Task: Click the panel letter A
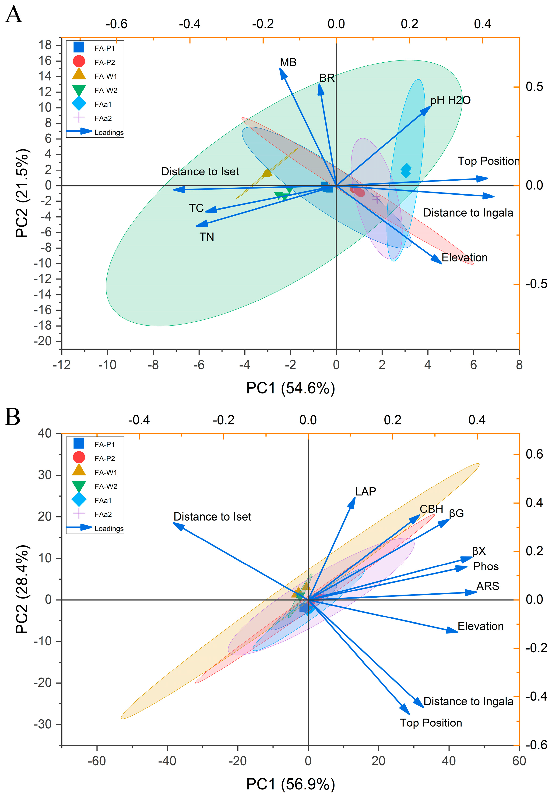point(14,15)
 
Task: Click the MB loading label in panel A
point(288,62)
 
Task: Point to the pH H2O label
point(450,100)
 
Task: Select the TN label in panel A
point(207,237)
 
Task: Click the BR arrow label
point(327,78)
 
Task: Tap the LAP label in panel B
point(365,492)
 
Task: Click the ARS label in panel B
point(487,586)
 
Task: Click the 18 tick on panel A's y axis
point(45,45)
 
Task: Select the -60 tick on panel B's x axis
point(97,761)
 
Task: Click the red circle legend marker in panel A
point(79,61)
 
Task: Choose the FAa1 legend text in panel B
point(103,501)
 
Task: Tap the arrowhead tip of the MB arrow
point(280,68)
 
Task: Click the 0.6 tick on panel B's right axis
point(534,454)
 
